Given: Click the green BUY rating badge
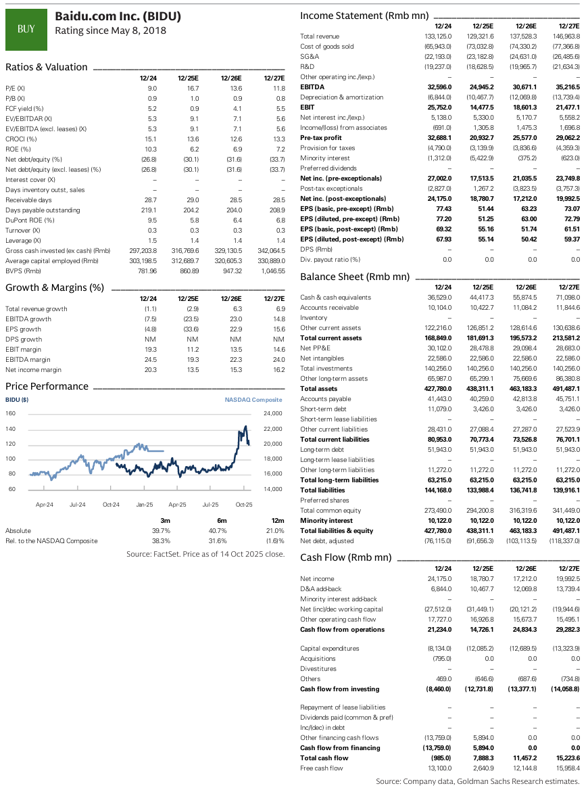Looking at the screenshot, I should click(x=26, y=28).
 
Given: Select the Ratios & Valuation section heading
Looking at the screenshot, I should click(x=47, y=67).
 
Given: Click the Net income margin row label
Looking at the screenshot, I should click(x=33, y=370).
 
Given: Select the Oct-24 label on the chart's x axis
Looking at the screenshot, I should click(x=111, y=505).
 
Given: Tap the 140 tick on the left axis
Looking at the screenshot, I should click(x=10, y=429).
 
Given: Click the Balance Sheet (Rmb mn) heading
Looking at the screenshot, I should click(x=355, y=277).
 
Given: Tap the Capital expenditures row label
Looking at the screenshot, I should click(x=330, y=649).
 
